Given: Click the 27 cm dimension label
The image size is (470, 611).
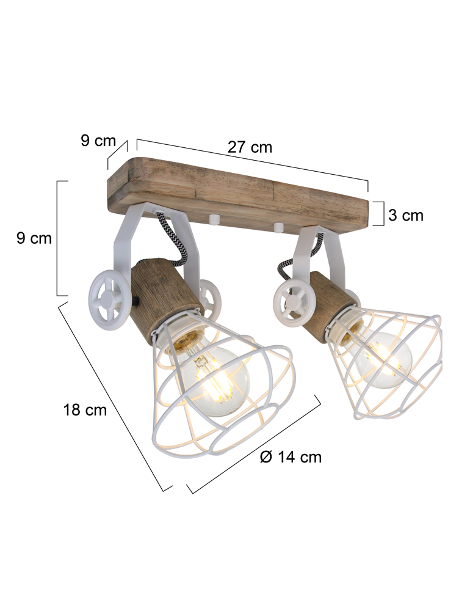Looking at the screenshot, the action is coord(250,147).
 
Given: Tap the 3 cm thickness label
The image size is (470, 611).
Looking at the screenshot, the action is coord(405,215).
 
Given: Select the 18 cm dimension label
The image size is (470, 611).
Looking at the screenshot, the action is coord(85,409).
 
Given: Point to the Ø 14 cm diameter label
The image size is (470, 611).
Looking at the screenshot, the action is coord(291,456).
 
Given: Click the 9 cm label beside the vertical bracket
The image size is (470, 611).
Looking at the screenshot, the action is coord(34,238).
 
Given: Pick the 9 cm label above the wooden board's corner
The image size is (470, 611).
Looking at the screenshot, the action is coord(98,141).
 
